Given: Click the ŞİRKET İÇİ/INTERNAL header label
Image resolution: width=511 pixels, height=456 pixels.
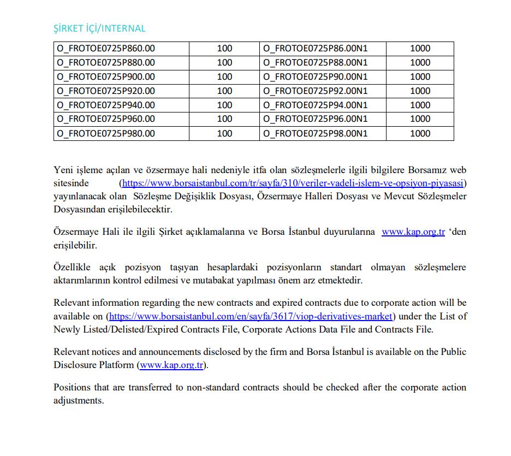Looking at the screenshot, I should [x=99, y=28].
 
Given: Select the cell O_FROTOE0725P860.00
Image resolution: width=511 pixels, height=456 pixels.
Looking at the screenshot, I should [x=106, y=49].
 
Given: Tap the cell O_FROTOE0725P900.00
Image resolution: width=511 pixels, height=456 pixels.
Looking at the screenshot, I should [x=106, y=77].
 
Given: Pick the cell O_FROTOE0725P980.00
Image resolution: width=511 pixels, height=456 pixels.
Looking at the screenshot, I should [x=106, y=133].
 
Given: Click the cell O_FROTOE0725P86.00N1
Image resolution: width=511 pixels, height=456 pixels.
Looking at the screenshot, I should [x=316, y=49].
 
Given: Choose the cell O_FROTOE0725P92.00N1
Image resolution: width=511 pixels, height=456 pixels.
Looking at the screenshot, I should [x=316, y=91].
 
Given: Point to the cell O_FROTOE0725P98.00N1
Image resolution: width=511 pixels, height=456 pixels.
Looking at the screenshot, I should [x=316, y=133].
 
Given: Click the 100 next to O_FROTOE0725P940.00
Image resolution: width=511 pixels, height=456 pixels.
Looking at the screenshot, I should [x=224, y=105].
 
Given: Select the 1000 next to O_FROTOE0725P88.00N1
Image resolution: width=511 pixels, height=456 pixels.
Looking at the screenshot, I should [x=420, y=63].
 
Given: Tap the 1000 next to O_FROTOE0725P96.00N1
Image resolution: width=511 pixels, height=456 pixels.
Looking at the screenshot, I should [x=420, y=119].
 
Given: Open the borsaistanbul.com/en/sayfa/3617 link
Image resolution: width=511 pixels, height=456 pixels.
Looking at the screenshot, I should [x=251, y=316].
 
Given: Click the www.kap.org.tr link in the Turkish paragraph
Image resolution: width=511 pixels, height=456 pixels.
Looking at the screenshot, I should [x=413, y=232].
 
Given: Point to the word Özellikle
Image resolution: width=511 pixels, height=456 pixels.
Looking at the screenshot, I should [x=73, y=268].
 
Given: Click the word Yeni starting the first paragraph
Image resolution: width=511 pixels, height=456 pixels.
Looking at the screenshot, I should [x=63, y=170].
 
